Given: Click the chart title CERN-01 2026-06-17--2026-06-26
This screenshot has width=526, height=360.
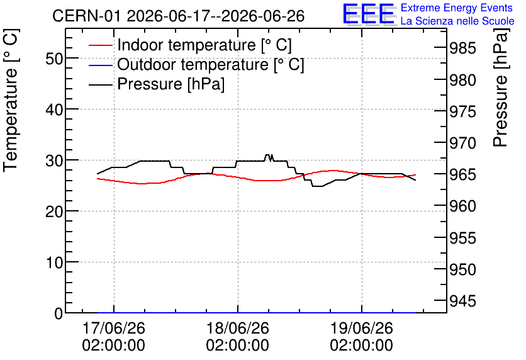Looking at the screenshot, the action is coord(179,16).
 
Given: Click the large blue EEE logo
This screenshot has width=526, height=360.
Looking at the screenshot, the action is coord(369,14).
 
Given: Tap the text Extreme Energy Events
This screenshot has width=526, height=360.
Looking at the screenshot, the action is coord(457,8).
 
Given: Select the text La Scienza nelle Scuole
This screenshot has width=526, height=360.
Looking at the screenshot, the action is coord(457,21).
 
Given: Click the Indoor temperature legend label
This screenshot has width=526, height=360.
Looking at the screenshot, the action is coord(204,45).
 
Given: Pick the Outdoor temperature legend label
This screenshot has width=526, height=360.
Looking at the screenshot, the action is coord(211,64).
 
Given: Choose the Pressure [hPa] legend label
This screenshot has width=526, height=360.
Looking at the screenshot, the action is coord(171,84).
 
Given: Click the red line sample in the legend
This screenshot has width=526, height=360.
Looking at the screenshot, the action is coord(100,45).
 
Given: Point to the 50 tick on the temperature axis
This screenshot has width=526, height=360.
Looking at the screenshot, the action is coord(54,59).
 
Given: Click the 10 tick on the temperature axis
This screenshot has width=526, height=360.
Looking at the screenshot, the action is coord(54,262).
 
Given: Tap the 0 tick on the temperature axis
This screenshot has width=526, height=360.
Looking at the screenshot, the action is coord(59,313).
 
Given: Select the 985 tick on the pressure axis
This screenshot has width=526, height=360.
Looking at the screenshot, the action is coord(462,48).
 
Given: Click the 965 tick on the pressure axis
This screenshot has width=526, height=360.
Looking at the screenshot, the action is coord(462,174).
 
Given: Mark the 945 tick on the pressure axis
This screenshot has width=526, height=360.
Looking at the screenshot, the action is coord(462,301).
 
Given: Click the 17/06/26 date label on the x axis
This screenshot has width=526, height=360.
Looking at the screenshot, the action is coord(114,328).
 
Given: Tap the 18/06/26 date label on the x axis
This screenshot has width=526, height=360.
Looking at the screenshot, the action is coord(237,328).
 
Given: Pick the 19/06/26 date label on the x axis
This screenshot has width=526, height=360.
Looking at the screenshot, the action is coord(361,328).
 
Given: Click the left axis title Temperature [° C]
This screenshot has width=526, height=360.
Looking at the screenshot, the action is coord(11,100).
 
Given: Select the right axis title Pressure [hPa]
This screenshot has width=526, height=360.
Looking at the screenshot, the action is coord(500,87).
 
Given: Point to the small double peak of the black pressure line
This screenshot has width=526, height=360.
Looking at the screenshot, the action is coord(269,157).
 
